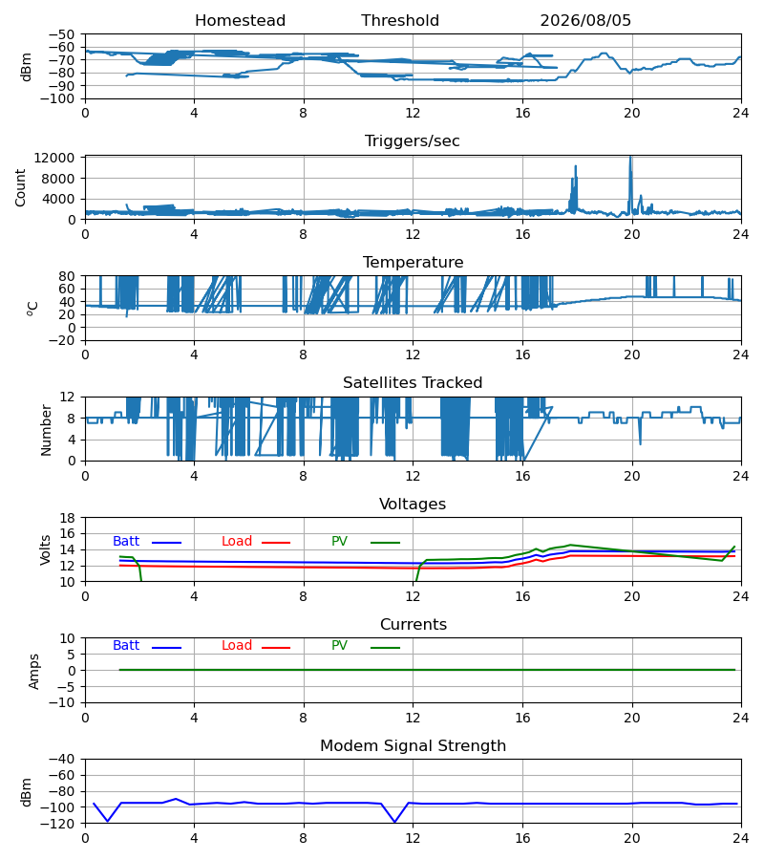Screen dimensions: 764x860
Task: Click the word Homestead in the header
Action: click(240, 21)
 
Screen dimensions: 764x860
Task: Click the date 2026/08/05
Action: click(585, 21)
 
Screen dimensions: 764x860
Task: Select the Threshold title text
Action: click(400, 21)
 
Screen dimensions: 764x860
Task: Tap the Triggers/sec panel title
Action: click(413, 141)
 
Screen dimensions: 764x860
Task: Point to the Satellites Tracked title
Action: click(413, 383)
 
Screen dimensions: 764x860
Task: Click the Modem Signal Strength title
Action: click(413, 746)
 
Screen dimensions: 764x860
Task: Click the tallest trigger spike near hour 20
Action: click(630, 158)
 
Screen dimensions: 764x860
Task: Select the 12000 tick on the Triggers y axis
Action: click(54, 158)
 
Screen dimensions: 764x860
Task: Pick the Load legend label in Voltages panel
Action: click(237, 542)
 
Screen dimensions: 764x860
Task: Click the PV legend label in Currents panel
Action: click(339, 646)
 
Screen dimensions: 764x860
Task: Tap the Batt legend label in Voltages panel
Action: click(126, 542)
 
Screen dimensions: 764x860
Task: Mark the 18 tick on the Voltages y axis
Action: click(68, 518)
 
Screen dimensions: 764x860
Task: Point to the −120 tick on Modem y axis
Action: click(61, 824)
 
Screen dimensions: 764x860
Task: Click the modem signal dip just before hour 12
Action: click(394, 822)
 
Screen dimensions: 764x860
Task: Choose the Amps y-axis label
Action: click(34, 672)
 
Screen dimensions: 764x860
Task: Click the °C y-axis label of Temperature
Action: click(32, 309)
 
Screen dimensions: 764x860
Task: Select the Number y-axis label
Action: click(46, 430)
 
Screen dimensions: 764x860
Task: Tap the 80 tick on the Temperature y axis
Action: click(68, 276)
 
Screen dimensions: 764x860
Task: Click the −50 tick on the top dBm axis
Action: click(61, 34)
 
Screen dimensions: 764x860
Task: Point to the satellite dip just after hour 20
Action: click(640, 443)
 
